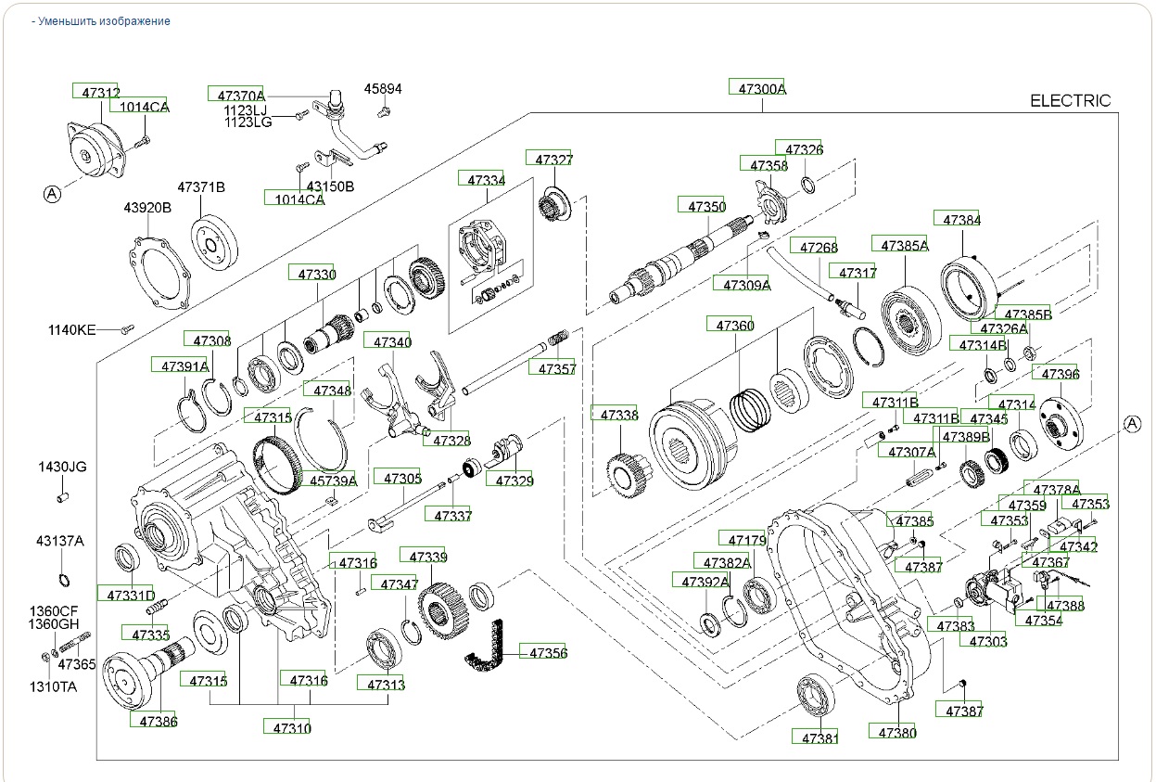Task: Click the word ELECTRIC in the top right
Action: pyautogui.click(x=1070, y=101)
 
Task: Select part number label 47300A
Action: pyautogui.click(x=762, y=88)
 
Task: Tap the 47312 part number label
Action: pyautogui.click(x=100, y=92)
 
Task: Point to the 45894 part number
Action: pyautogui.click(x=383, y=89)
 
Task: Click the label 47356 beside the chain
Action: pyautogui.click(x=548, y=652)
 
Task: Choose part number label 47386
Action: pyautogui.click(x=159, y=720)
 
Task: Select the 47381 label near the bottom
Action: pyautogui.click(x=819, y=737)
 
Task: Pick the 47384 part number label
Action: pyautogui.click(x=961, y=220)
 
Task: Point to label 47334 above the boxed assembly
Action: pyautogui.click(x=486, y=180)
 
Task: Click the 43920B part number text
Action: pyautogui.click(x=147, y=207)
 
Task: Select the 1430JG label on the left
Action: pyautogui.click(x=62, y=467)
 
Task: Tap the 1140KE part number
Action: pyautogui.click(x=72, y=329)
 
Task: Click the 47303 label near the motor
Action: pyautogui.click(x=987, y=640)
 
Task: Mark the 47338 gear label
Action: pyautogui.click(x=619, y=415)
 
